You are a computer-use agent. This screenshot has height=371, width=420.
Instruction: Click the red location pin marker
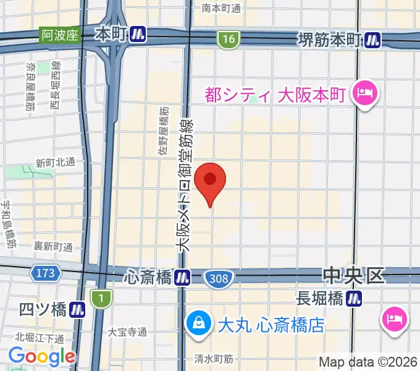[x=210, y=180]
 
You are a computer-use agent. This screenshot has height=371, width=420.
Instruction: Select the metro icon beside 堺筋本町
[x=372, y=40]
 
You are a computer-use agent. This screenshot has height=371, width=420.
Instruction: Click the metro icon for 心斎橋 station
[x=182, y=278]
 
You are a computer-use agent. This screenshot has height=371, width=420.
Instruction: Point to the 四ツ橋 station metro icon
[x=77, y=309]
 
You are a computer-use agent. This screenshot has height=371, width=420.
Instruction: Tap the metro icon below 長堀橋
[x=354, y=299]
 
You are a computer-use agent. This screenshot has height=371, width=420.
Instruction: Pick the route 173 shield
[x=45, y=272]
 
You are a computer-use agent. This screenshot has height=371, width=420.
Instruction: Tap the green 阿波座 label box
[x=61, y=35]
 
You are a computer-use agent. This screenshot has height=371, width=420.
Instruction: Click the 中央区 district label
[x=354, y=275]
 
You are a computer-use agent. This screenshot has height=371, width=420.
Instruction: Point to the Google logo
[x=41, y=356]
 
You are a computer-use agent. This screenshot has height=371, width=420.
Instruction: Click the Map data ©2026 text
[x=368, y=362]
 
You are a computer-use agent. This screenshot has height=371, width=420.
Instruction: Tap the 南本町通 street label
[x=222, y=8]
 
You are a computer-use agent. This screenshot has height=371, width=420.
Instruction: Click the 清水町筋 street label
[x=213, y=358]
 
